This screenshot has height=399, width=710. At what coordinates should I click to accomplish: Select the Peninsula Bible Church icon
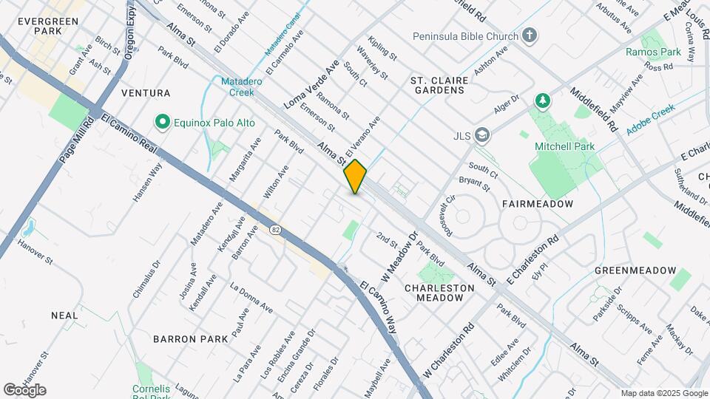529,35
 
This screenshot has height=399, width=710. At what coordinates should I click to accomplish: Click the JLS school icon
483,134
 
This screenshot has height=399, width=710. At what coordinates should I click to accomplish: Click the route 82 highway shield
276,230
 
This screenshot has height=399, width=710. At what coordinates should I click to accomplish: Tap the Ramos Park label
652,52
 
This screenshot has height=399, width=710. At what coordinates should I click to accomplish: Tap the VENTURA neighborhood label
146,93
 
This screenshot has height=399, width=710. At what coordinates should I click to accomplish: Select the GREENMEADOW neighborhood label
635,270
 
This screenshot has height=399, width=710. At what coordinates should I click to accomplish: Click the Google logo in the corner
24,389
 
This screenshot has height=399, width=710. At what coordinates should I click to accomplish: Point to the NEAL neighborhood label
64,316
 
